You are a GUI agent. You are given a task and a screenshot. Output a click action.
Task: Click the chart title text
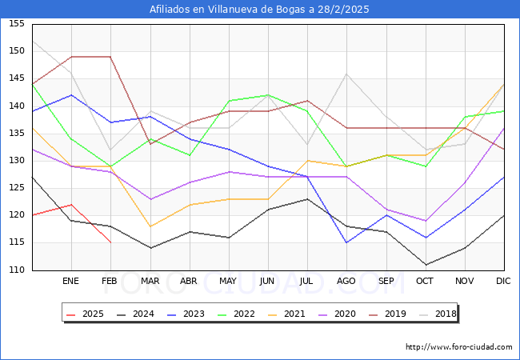(260, 10)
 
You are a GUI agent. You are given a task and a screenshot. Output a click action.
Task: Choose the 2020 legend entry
(339, 314)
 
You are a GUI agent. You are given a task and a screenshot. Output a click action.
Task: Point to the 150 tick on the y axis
(16, 51)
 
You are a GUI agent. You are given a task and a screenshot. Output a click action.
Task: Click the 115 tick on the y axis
(16, 242)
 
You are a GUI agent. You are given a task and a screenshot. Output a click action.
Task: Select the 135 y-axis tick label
(16, 133)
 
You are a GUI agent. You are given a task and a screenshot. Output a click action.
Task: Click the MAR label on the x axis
(150, 282)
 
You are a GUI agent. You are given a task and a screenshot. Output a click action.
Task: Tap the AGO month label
(346, 282)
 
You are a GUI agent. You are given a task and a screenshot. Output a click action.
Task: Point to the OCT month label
(425, 282)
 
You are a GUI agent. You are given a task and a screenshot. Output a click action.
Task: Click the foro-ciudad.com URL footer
(459, 347)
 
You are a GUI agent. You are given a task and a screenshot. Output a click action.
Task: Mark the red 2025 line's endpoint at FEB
(110, 242)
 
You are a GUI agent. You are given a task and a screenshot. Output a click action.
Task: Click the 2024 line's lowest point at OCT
(425, 264)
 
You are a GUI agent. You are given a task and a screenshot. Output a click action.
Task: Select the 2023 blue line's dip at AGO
(346, 242)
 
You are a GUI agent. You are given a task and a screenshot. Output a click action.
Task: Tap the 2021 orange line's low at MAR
(150, 226)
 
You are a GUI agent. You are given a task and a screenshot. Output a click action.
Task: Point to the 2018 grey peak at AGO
(346, 74)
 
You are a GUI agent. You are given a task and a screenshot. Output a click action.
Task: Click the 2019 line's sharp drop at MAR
(150, 144)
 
